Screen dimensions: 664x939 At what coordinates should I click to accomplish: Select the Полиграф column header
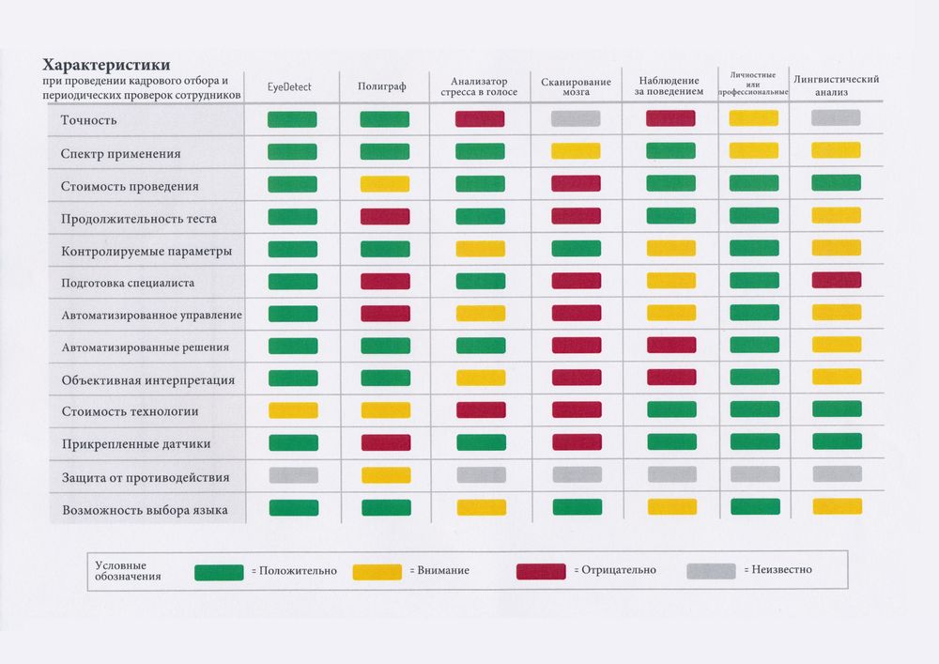[382, 87]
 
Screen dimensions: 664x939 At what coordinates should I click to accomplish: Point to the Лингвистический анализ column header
[836, 86]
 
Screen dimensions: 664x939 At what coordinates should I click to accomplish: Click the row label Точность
[88, 120]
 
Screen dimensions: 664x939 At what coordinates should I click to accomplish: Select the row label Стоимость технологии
[130, 411]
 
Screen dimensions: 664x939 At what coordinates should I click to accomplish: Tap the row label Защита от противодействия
[145, 477]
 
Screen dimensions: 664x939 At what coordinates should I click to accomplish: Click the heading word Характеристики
[105, 65]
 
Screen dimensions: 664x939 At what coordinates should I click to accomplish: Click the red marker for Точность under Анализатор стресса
[480, 119]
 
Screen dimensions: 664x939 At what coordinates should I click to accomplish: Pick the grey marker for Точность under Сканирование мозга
[576, 119]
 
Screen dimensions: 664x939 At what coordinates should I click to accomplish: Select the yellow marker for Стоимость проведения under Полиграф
[385, 184]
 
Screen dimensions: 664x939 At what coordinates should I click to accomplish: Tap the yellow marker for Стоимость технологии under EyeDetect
[293, 410]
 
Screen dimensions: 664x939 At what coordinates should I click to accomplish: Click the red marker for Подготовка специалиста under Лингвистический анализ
[837, 280]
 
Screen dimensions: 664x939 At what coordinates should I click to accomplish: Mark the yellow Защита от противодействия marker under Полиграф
[385, 475]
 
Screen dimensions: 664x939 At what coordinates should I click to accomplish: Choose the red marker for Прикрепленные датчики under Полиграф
[385, 442]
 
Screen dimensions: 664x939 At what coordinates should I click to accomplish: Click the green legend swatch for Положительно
[219, 571]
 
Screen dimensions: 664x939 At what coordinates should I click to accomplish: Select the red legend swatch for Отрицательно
[541, 571]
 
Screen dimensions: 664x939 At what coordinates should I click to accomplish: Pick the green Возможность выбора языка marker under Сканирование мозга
[577, 507]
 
